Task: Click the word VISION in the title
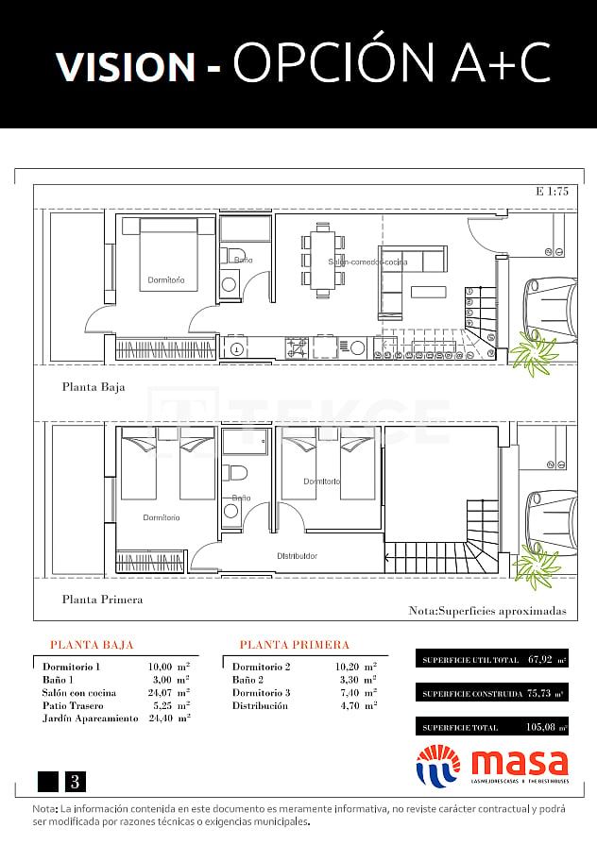tap(124, 65)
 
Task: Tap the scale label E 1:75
tap(552, 192)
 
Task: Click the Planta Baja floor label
tap(94, 386)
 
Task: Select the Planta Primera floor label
tap(102, 599)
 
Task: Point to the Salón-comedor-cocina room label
tap(367, 262)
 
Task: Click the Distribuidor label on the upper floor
tap(297, 556)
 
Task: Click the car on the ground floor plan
tap(550, 308)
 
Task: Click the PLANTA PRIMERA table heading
tap(294, 645)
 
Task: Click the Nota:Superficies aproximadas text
tap(487, 611)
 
